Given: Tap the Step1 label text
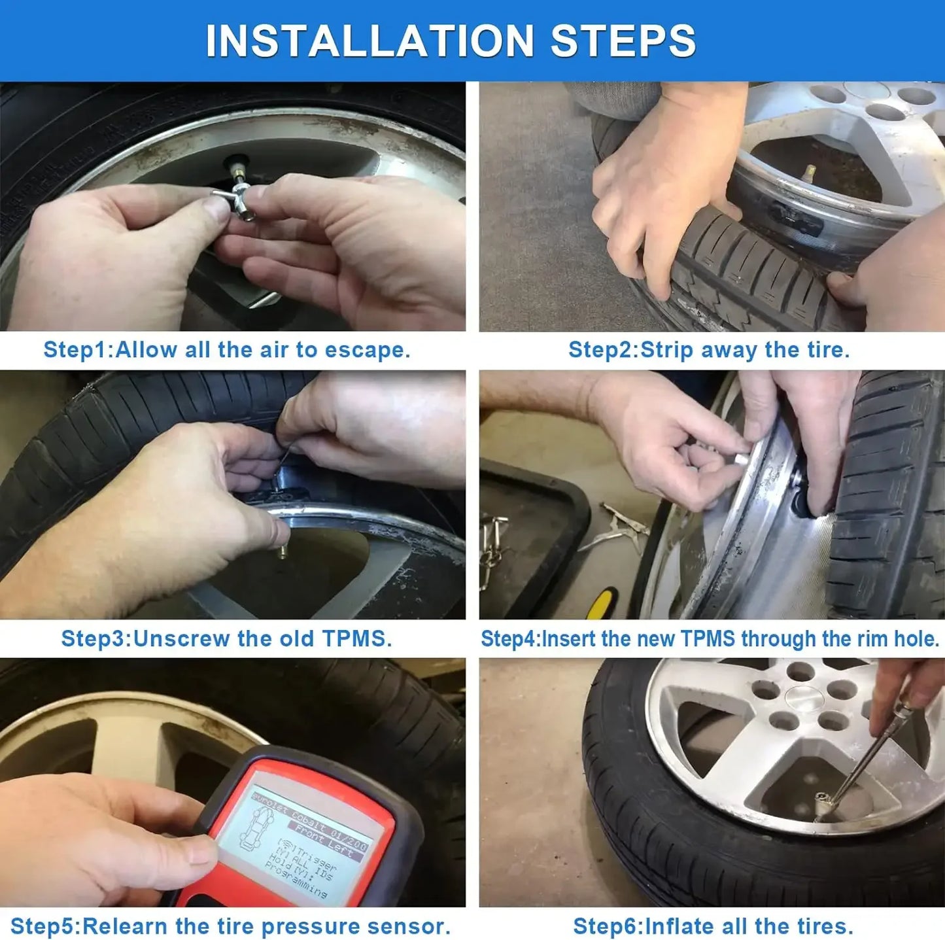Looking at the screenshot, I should pyautogui.click(x=77, y=350).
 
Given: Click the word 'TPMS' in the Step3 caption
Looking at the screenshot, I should pyautogui.click(x=356, y=638).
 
